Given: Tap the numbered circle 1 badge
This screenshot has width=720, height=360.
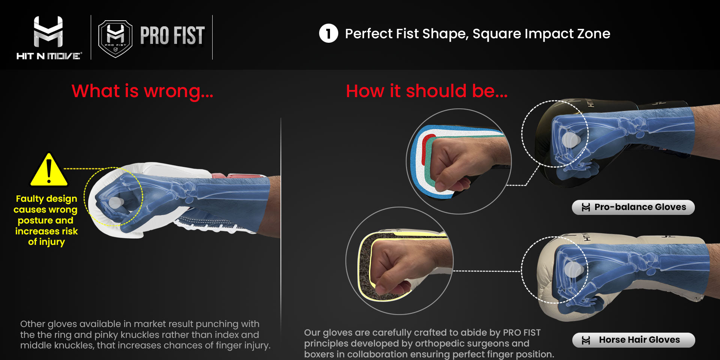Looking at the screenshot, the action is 328,33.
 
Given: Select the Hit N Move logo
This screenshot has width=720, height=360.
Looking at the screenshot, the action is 49,38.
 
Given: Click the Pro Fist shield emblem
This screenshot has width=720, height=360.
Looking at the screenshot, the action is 115,39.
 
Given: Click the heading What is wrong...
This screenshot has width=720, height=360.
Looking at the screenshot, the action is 142,91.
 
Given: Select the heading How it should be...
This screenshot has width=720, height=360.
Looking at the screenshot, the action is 426,91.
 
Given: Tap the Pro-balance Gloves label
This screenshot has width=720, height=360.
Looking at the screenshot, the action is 633,207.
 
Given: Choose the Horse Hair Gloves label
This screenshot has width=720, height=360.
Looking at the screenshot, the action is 633,340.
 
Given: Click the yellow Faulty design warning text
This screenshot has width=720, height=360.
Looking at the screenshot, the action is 46,220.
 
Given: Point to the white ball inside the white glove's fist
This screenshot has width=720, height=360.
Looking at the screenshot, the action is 115,203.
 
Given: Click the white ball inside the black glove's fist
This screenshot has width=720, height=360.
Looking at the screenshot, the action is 570,139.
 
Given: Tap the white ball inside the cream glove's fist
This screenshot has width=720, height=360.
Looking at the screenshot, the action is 573,269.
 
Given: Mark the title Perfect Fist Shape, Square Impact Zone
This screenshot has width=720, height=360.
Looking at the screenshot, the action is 477,34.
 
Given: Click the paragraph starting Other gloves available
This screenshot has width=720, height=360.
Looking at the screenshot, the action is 145,334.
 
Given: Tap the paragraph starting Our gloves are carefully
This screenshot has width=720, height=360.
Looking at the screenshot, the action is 429,343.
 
